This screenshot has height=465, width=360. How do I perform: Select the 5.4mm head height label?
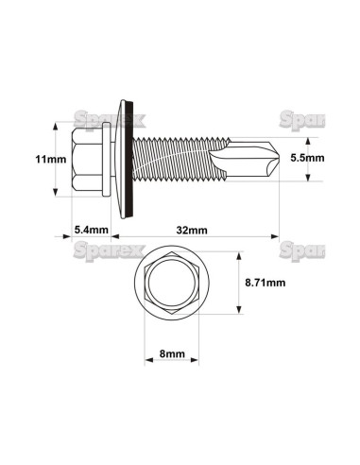[x=91, y=230]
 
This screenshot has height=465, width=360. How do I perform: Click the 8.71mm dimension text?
[x=264, y=282]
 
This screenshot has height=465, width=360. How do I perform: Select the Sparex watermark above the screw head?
[x=100, y=117]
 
